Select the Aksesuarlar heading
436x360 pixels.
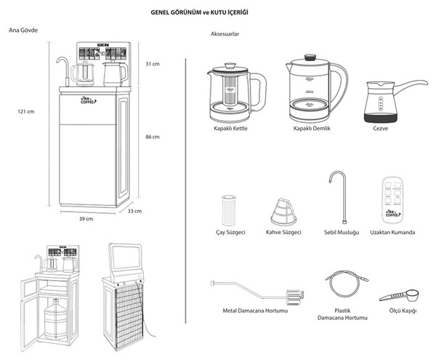pyautogui.click(x=225, y=34)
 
